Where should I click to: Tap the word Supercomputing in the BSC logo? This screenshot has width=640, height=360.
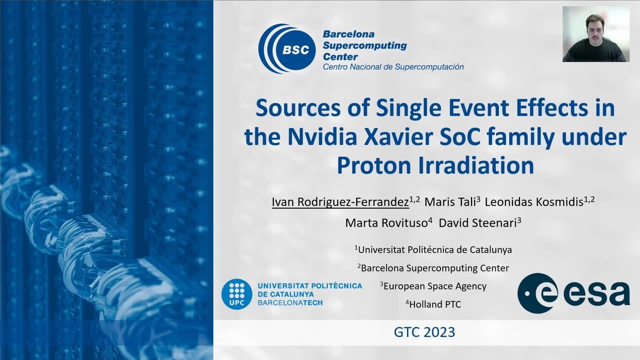pyautogui.click(x=365, y=45)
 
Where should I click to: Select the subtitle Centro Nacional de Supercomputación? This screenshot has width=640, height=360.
pyautogui.click(x=393, y=67)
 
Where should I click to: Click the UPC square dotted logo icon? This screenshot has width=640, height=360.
pyautogui.click(x=236, y=293)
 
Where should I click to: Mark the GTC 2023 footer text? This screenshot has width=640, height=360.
pyautogui.click(x=425, y=332)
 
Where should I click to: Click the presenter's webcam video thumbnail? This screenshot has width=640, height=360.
pyautogui.click(x=596, y=34)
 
